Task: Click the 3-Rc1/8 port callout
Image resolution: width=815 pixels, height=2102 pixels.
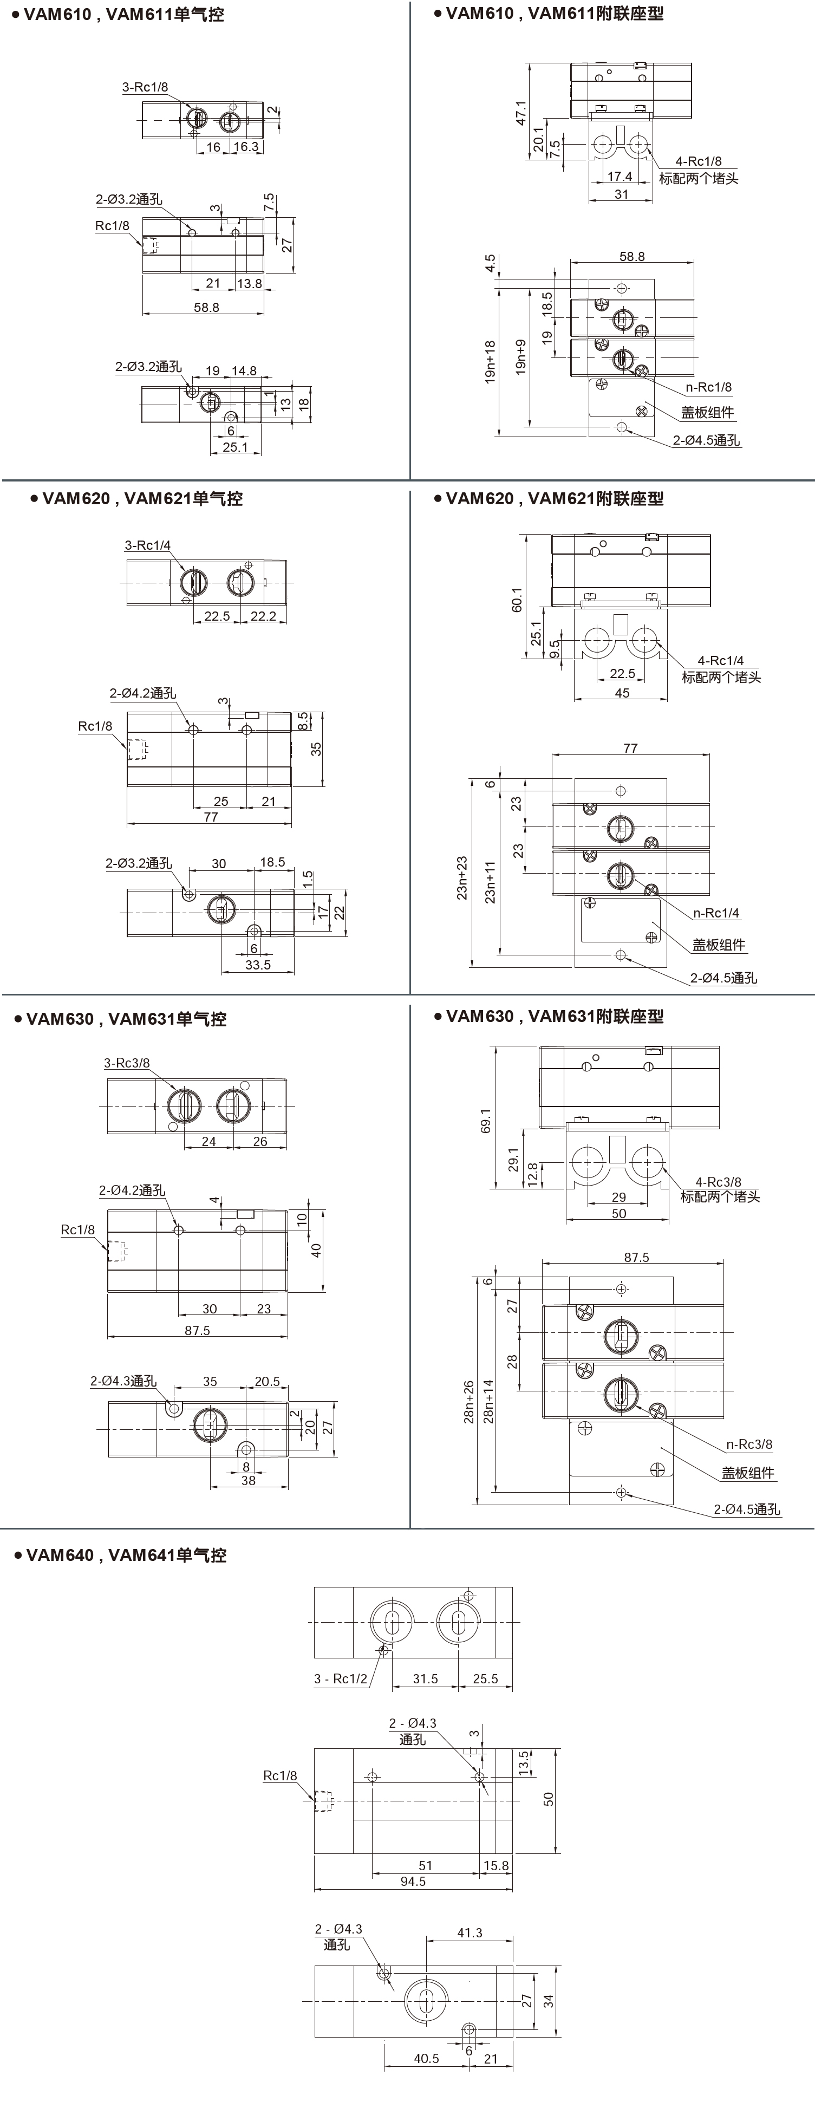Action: [x=145, y=87]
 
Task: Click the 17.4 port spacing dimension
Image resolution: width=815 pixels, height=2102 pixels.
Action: [x=620, y=176]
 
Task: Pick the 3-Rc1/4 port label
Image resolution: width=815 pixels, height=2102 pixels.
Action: [x=148, y=545]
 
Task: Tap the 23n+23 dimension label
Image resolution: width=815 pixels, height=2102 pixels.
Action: [x=462, y=877]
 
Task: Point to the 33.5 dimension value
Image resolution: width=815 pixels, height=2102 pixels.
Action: [x=258, y=965]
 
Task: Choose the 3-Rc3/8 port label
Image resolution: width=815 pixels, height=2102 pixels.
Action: [x=127, y=1063]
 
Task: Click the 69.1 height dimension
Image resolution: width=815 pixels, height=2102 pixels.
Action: [x=487, y=1121]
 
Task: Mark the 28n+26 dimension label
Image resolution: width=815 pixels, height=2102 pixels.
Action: [x=469, y=1402]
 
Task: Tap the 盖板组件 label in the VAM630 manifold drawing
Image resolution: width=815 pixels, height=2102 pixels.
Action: [x=748, y=1473]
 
